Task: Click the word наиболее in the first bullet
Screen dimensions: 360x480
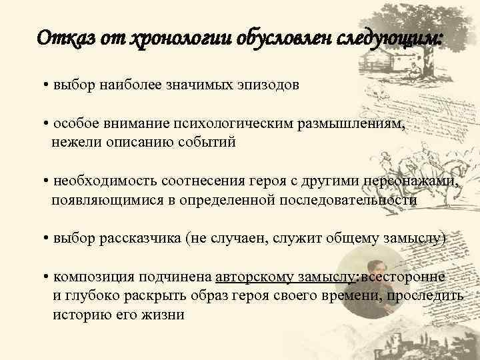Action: coord(124,85)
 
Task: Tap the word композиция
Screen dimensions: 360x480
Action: coord(89,277)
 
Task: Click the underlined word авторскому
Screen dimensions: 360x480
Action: coord(257,277)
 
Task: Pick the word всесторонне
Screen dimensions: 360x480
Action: coord(403,277)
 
